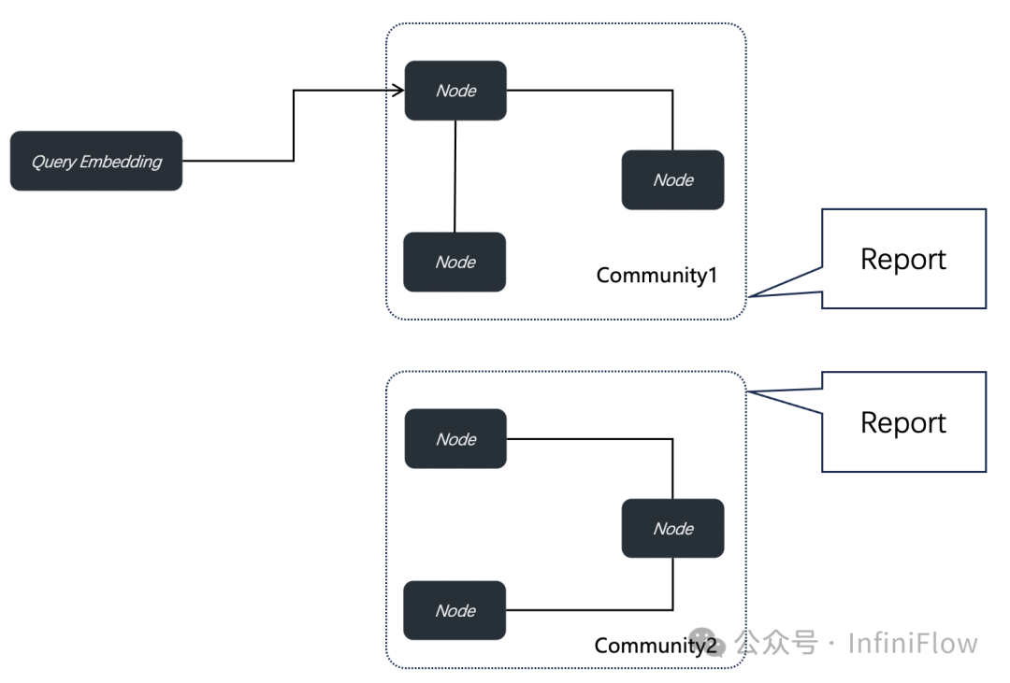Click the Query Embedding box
(96, 161)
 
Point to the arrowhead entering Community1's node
(398, 91)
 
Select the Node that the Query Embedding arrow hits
(455, 91)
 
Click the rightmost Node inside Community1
(672, 179)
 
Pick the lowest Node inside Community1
(454, 262)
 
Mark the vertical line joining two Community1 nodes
(454, 176)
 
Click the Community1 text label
(656, 276)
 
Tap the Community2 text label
(655, 646)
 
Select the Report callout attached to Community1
(903, 259)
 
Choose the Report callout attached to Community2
(903, 422)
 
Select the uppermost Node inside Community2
(455, 439)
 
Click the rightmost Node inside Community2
(672, 528)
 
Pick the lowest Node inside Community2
(454, 610)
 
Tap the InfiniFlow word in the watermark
(913, 644)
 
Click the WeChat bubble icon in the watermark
(721, 643)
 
